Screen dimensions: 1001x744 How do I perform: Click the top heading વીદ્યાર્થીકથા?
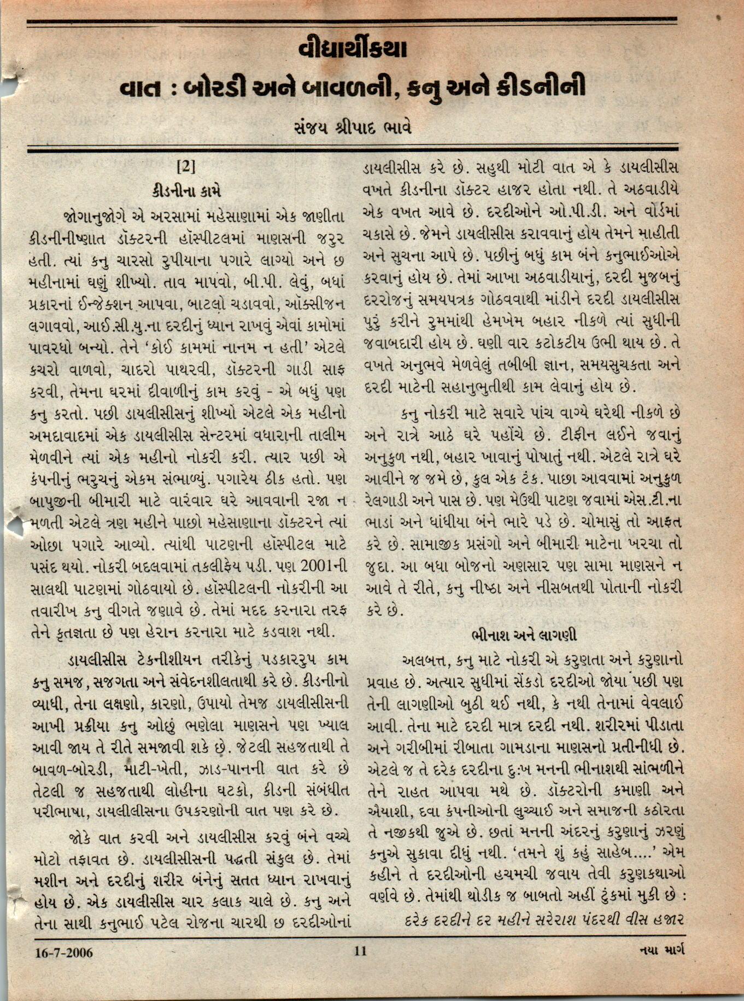353,50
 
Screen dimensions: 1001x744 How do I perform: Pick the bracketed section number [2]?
186,166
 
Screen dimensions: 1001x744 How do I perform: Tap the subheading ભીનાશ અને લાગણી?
524,635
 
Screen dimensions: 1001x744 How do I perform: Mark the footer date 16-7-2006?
64,952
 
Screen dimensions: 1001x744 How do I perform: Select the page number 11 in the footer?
360,951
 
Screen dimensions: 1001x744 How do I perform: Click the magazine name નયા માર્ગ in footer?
661,951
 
